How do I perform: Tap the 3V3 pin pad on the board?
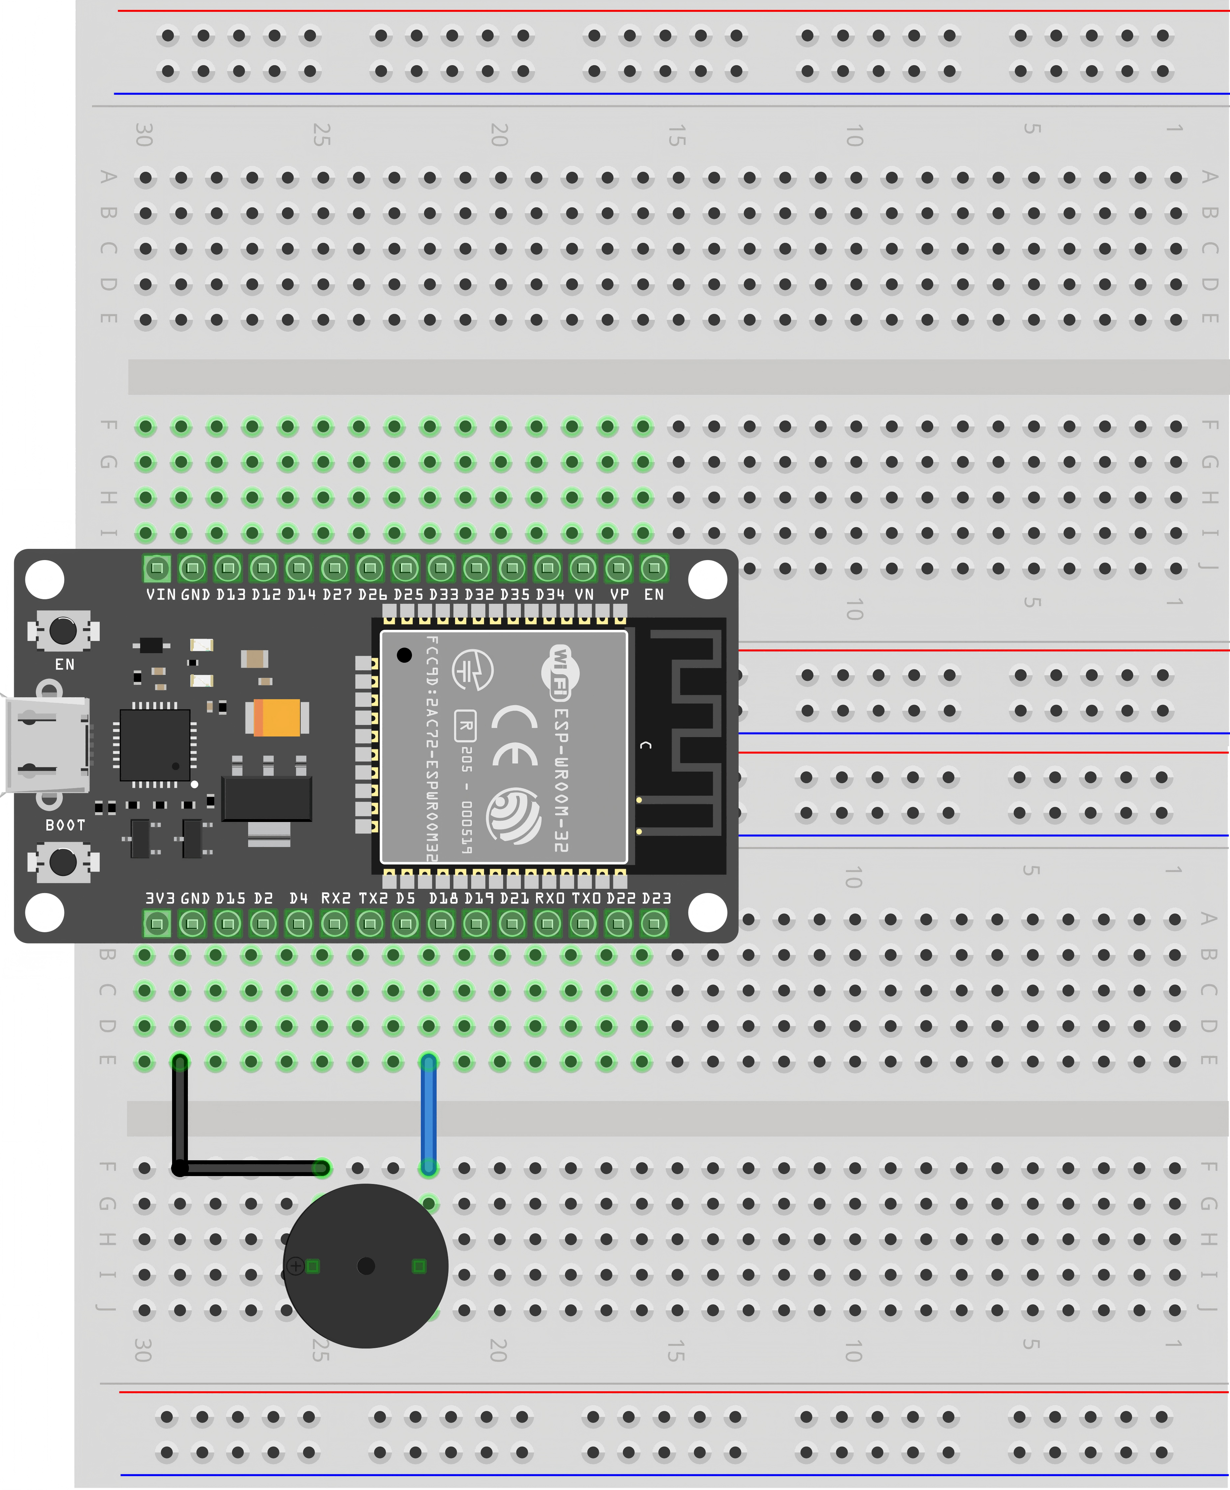click(157, 923)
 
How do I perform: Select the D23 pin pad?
click(654, 923)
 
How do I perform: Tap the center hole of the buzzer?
click(366, 1265)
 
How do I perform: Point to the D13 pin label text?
click(230, 594)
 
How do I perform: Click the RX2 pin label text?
click(336, 898)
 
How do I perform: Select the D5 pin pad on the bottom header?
click(405, 923)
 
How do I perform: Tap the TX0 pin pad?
click(583, 923)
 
